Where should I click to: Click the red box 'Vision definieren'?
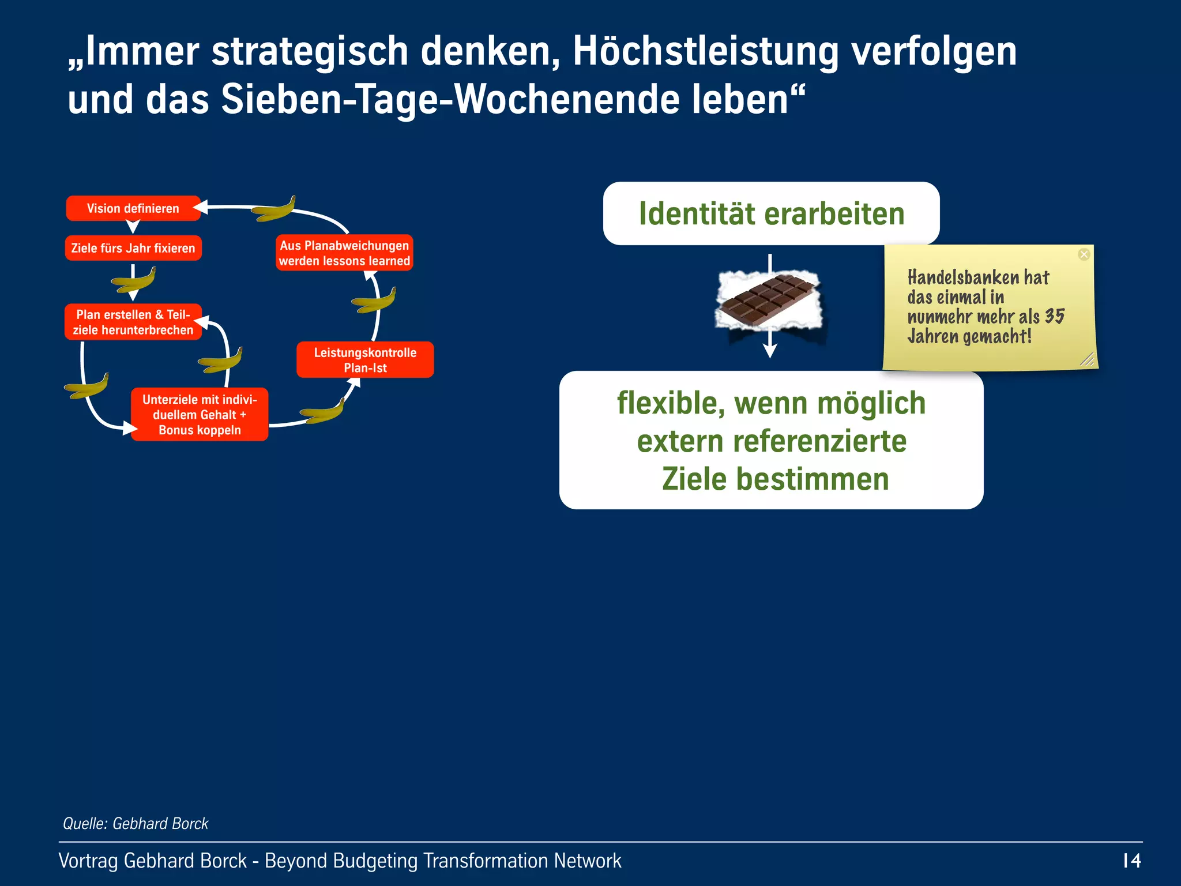[x=133, y=208]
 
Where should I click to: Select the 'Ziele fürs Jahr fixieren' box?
[x=133, y=248]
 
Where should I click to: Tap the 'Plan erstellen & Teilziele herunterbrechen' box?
[x=133, y=322]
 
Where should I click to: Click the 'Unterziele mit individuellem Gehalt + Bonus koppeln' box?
[x=200, y=414]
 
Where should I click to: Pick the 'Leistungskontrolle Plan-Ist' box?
[x=365, y=360]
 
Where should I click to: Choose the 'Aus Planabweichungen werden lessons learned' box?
[x=344, y=253]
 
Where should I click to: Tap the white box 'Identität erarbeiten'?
[x=771, y=213]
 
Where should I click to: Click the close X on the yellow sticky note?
[x=1084, y=254]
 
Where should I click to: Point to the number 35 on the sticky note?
[x=1054, y=316]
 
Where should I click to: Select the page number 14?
[x=1131, y=861]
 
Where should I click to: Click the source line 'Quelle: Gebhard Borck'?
[x=136, y=823]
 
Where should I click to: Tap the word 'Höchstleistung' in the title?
[x=705, y=52]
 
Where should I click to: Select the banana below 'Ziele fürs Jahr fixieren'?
[x=133, y=280]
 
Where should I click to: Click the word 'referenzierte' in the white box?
[x=819, y=441]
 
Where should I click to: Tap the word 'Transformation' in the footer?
[x=486, y=861]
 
